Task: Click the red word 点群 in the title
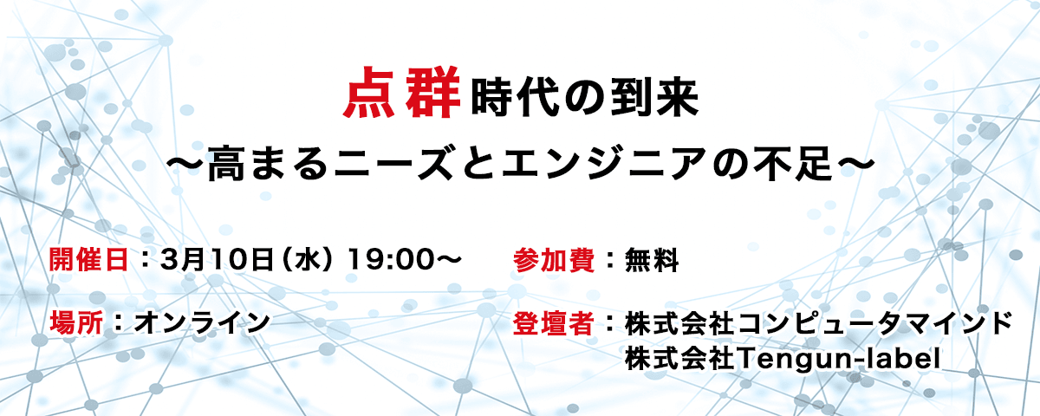tap(402, 93)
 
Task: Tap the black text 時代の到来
tap(585, 98)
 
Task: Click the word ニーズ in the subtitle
tap(393, 164)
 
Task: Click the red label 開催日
tap(88, 259)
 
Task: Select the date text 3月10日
tap(217, 259)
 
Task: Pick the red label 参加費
tap(554, 260)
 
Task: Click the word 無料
tap(652, 260)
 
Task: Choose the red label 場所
tap(76, 322)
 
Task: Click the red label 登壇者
tap(554, 323)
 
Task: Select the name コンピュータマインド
tap(874, 323)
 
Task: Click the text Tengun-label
tap(839, 359)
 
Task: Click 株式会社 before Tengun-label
tap(679, 359)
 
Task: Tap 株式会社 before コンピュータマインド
tap(679, 323)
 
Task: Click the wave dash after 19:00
tap(446, 259)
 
